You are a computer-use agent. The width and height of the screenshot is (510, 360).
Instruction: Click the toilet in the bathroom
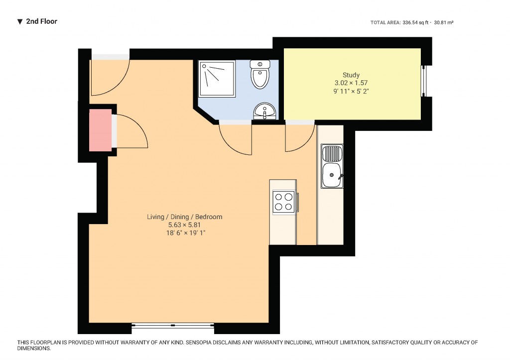pyautogui.click(x=260, y=75)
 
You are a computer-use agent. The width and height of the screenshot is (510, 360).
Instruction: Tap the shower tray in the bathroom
pyautogui.click(x=217, y=79)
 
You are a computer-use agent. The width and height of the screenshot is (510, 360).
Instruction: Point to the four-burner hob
pyautogui.click(x=283, y=201)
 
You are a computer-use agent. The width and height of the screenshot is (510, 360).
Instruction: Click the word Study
pyautogui.click(x=351, y=75)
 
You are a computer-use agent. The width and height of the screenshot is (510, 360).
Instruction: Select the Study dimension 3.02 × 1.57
pyautogui.click(x=351, y=83)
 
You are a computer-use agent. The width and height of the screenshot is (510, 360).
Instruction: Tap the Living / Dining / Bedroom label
pyautogui.click(x=184, y=217)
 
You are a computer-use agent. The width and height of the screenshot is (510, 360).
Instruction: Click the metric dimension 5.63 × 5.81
pyautogui.click(x=184, y=225)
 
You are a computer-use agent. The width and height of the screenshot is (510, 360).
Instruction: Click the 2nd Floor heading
pyautogui.click(x=41, y=21)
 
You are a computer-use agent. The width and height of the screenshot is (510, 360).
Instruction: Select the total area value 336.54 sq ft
pyautogui.click(x=415, y=22)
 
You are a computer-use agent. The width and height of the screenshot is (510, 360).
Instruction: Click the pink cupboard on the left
pyautogui.click(x=100, y=130)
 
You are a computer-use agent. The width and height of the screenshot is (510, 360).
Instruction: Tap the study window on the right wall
pyautogui.click(x=424, y=81)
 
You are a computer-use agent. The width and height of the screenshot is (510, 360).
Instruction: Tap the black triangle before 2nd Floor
pyautogui.click(x=20, y=21)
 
